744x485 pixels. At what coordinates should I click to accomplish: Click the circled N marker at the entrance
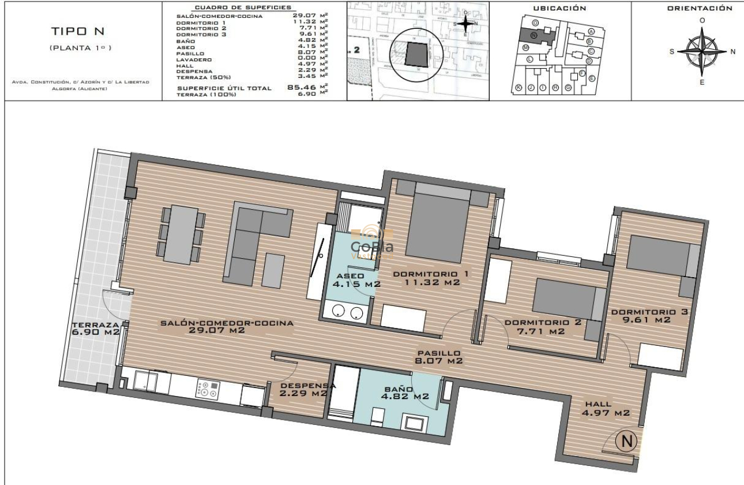(626, 442)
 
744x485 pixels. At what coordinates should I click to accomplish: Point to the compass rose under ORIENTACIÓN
(702, 51)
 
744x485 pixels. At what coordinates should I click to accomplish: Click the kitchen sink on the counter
(146, 381)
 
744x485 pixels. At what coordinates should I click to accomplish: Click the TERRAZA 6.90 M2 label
(95, 328)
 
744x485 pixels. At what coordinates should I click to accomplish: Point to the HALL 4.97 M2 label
(605, 408)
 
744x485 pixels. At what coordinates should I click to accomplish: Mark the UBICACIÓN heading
(559, 8)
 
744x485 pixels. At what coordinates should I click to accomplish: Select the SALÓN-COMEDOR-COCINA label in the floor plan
(227, 327)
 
